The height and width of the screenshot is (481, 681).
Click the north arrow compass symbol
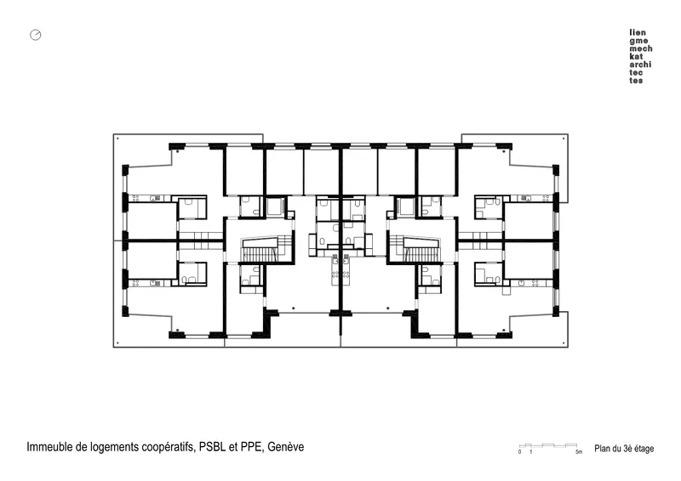click(36, 35)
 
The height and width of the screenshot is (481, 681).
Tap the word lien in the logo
click(638, 32)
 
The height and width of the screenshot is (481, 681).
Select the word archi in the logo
click(640, 65)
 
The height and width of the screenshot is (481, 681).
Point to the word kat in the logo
click(636, 56)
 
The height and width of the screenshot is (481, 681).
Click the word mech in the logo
click(641, 48)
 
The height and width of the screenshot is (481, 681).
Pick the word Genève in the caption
click(285, 447)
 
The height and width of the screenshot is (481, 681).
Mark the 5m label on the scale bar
click(579, 452)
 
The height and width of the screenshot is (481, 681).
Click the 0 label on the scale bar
click(519, 452)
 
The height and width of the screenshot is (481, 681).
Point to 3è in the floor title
click(627, 449)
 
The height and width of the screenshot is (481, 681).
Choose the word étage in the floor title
click(644, 449)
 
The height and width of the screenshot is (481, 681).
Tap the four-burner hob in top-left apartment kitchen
click(135, 198)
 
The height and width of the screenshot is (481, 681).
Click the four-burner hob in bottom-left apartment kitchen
click(135, 283)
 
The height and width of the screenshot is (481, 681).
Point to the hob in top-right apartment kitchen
click(545, 198)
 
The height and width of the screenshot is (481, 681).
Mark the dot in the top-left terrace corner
click(117, 139)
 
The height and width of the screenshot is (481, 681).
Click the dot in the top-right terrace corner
click(564, 139)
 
